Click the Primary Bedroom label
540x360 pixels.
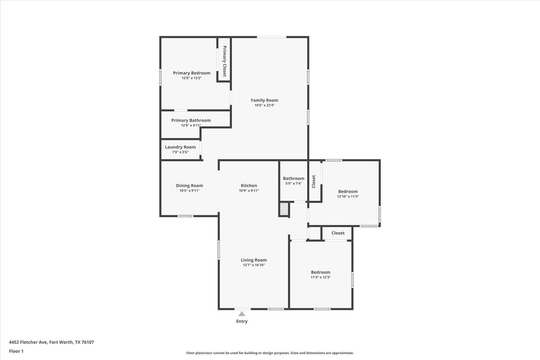[192, 73]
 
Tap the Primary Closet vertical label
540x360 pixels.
[224, 61]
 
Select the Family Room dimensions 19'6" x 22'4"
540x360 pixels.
[265, 106]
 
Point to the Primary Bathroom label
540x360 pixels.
[191, 120]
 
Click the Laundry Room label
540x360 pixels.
[180, 147]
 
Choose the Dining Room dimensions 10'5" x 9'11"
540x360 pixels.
[189, 191]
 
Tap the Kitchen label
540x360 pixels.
[249, 186]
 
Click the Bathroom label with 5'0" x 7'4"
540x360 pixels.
[294, 179]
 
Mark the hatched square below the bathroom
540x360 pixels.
[284, 209]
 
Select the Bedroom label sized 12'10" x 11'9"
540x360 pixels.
[348, 191]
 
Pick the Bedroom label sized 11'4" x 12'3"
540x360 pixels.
[321, 272]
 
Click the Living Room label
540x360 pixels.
[254, 260]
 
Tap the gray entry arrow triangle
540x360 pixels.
[242, 314]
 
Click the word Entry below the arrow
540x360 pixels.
[242, 321]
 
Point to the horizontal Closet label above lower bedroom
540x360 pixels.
[338, 233]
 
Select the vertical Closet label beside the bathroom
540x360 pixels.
[313, 181]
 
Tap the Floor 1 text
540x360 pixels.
[16, 351]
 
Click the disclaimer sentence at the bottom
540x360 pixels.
[270, 353]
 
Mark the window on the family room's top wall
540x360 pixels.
[272, 37]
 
